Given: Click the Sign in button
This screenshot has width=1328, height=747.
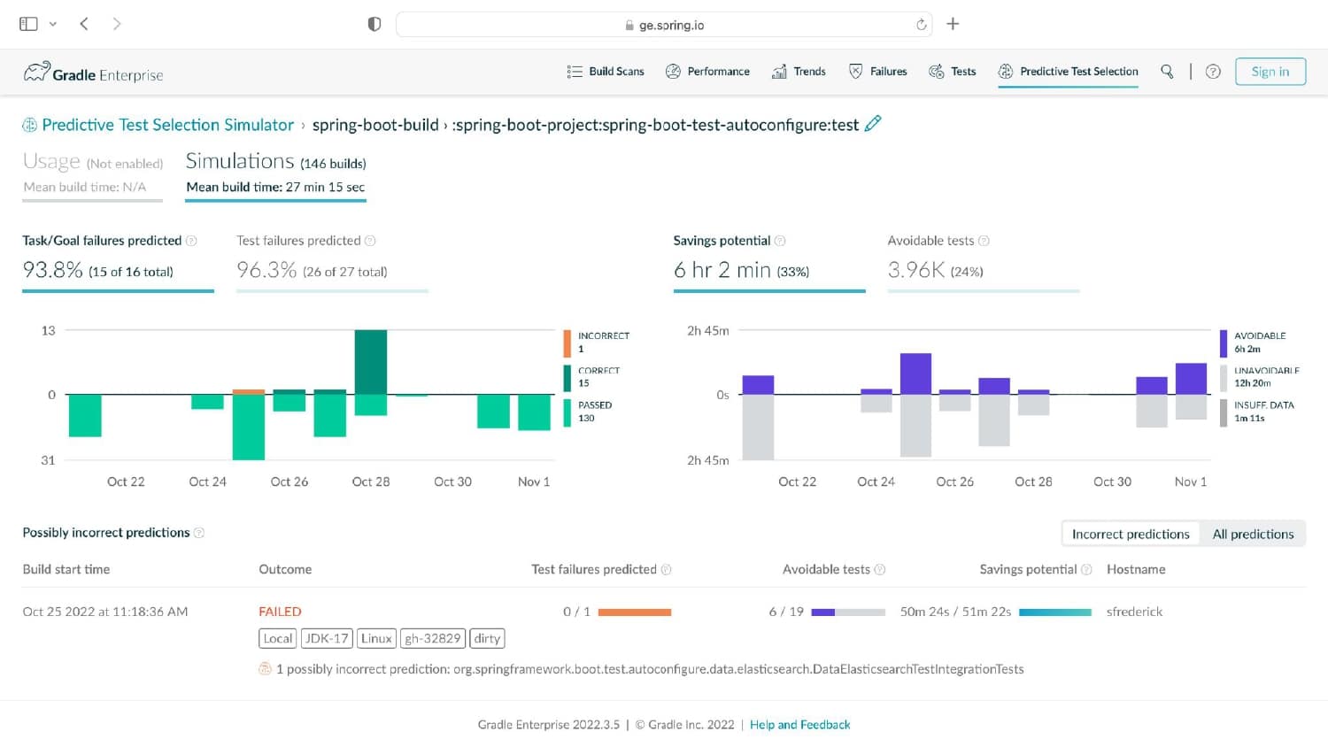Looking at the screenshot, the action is [x=1270, y=71].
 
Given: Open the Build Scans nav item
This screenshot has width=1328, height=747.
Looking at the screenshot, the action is [x=606, y=71].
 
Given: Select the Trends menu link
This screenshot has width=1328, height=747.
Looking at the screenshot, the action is [x=799, y=71].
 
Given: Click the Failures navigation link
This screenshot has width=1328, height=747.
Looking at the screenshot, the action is [x=878, y=71].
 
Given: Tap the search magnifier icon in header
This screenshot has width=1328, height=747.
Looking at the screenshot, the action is [x=1167, y=71].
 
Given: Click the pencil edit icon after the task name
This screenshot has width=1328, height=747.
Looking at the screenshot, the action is [x=873, y=123].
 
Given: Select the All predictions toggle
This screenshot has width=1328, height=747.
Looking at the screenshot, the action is [x=1253, y=534].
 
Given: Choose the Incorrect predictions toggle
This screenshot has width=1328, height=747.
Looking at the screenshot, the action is [x=1131, y=534].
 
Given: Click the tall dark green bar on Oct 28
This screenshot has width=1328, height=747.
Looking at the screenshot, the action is [x=371, y=362].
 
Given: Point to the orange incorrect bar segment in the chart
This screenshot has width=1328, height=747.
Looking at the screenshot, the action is [x=249, y=391].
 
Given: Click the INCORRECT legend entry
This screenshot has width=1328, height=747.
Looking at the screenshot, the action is [x=597, y=342].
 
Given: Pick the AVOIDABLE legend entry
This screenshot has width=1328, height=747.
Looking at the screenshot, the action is [x=1253, y=342].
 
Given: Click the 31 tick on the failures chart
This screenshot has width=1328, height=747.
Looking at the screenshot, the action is [x=48, y=460].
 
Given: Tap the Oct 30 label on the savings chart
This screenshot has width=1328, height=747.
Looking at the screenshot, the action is [x=1112, y=481].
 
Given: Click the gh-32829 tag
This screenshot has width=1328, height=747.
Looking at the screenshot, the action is [x=433, y=638].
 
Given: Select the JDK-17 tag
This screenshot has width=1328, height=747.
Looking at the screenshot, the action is [x=327, y=638].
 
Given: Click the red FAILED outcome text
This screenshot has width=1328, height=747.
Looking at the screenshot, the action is [x=280, y=612].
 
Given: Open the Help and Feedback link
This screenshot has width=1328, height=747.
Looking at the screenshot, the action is [x=799, y=725].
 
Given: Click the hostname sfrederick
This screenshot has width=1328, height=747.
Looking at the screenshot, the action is [x=1134, y=612].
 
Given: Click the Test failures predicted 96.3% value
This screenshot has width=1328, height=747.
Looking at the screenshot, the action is [x=266, y=270].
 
